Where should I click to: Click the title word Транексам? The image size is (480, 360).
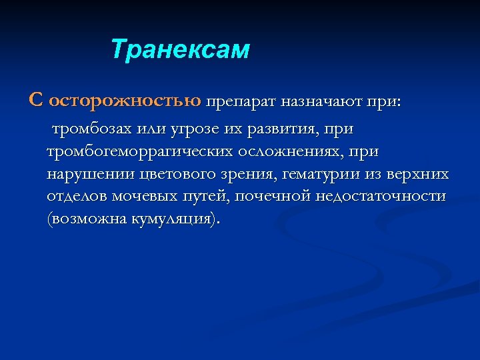(179, 50)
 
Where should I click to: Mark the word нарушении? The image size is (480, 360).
(91, 175)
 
